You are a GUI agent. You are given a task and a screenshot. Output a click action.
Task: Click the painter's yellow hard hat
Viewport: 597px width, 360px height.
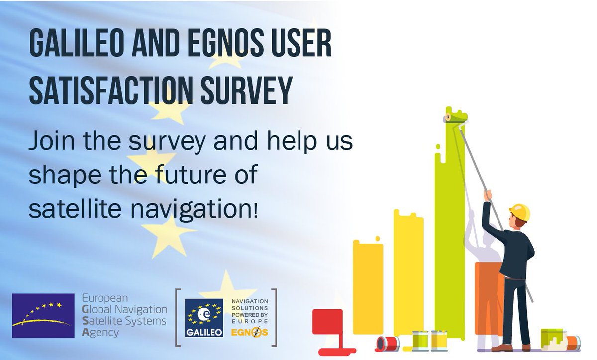[520, 211]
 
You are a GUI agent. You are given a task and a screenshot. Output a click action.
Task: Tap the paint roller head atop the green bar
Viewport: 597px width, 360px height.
[456, 118]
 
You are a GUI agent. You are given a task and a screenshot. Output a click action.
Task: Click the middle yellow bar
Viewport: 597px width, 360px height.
[408, 273]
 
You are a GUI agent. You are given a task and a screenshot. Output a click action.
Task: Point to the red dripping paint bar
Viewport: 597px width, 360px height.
[328, 322]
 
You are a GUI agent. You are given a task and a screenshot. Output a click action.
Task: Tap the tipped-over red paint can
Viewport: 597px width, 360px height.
[388, 343]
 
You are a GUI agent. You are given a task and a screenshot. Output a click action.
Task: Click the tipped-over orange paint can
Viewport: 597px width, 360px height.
[572, 342]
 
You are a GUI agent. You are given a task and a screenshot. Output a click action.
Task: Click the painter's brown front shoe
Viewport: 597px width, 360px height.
[504, 348]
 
